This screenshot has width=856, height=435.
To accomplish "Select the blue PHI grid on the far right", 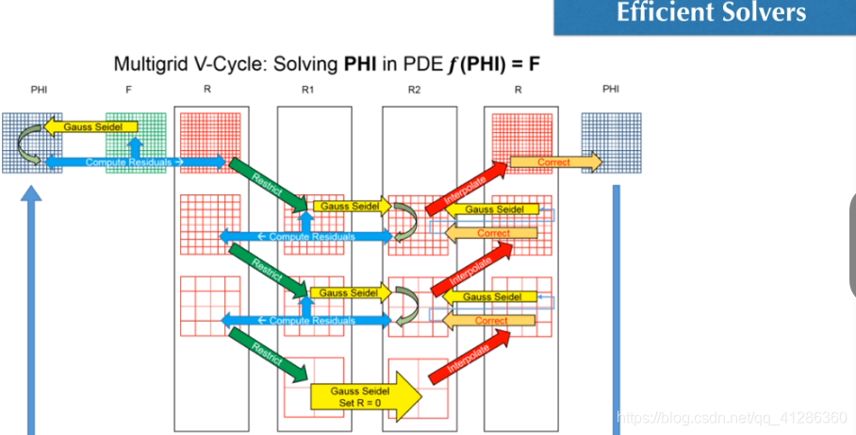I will [x=617, y=142].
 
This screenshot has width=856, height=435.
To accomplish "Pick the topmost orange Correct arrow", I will [x=554, y=162].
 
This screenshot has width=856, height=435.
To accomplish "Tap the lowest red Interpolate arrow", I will [x=464, y=358].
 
